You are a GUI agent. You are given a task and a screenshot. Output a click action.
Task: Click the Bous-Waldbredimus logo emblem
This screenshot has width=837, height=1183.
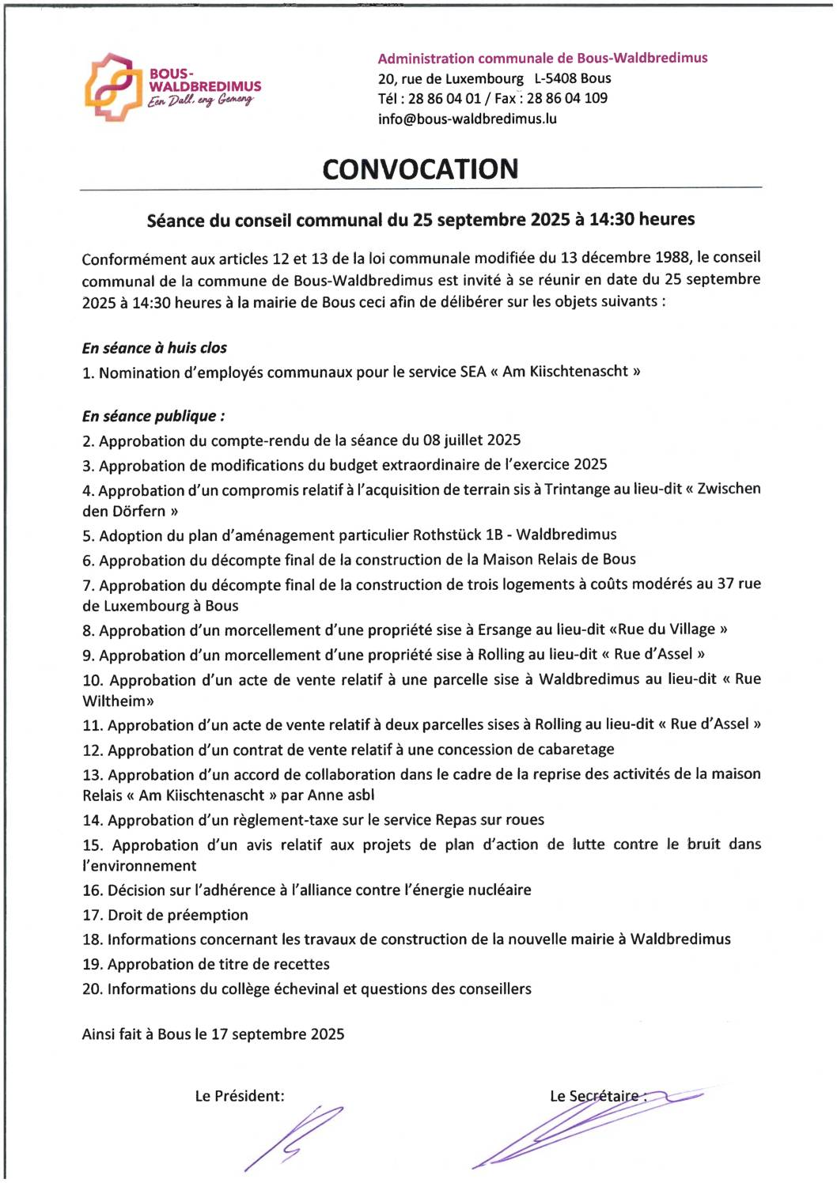(113, 87)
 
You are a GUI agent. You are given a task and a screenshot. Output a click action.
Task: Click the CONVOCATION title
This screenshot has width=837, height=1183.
(420, 169)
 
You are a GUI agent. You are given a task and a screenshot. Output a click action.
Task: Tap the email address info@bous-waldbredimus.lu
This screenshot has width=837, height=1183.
(467, 119)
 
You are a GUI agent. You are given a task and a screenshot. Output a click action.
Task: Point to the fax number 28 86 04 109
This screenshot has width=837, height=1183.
(567, 98)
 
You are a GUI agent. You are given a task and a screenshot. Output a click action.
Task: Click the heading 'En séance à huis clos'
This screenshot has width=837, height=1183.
(154, 348)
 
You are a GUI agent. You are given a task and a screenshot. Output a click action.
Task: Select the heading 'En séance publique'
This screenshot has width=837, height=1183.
(153, 416)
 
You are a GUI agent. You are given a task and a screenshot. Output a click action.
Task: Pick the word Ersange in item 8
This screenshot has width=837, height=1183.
(505, 629)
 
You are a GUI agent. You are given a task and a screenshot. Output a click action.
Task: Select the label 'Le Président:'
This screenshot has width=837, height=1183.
(240, 1096)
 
